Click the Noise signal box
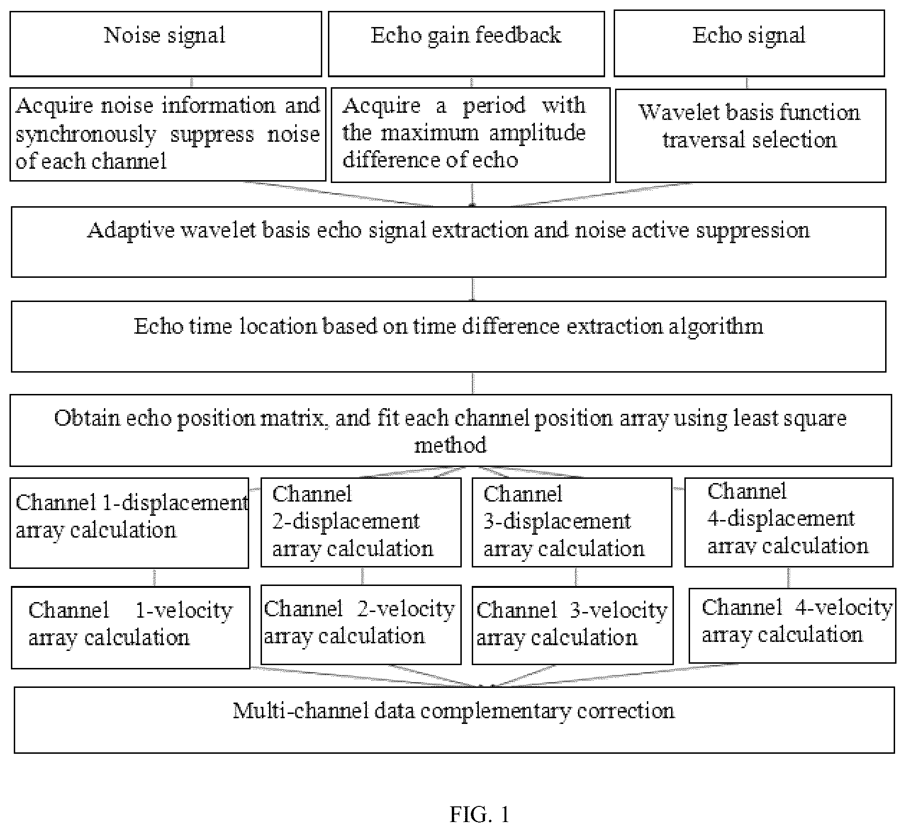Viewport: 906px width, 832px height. [166, 44]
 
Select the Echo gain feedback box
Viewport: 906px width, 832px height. [467, 44]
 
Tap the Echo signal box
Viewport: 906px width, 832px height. [749, 44]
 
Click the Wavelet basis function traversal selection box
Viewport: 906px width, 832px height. [751, 136]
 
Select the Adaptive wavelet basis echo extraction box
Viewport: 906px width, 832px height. [448, 242]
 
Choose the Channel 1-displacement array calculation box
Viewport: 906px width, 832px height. [129, 523]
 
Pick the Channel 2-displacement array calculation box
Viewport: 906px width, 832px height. [361, 522]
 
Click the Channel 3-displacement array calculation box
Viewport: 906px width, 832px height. [572, 522]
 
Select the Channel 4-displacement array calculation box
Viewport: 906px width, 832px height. [789, 522]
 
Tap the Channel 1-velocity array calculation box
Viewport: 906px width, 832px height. [131, 628]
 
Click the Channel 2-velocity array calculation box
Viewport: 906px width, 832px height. [361, 625]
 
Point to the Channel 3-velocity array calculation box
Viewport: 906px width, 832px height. [572, 625]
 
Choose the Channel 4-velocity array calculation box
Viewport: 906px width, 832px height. [792, 625]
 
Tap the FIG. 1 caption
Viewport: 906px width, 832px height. [479, 814]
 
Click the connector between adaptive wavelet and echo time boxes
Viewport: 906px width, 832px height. [473, 289]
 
